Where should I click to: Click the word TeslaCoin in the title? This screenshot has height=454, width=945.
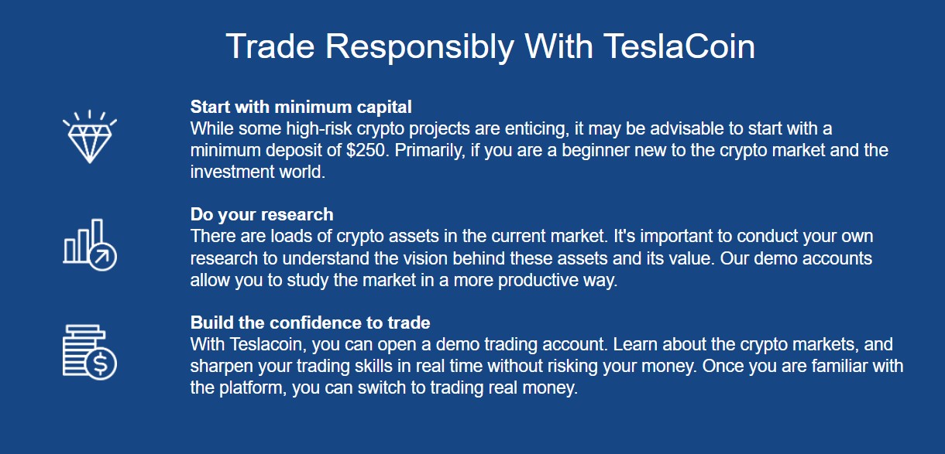[x=679, y=47]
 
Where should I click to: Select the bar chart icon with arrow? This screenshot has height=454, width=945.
[x=89, y=244]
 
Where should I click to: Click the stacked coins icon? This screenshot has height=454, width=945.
[x=89, y=352]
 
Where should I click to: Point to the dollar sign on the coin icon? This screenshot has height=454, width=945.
[x=101, y=364]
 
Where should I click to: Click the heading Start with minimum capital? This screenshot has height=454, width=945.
[x=301, y=107]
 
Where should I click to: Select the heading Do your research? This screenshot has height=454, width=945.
[x=262, y=215]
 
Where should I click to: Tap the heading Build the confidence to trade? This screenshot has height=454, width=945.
[x=310, y=323]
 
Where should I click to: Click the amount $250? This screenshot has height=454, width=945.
[x=366, y=151]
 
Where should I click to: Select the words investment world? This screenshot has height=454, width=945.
[x=257, y=172]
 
